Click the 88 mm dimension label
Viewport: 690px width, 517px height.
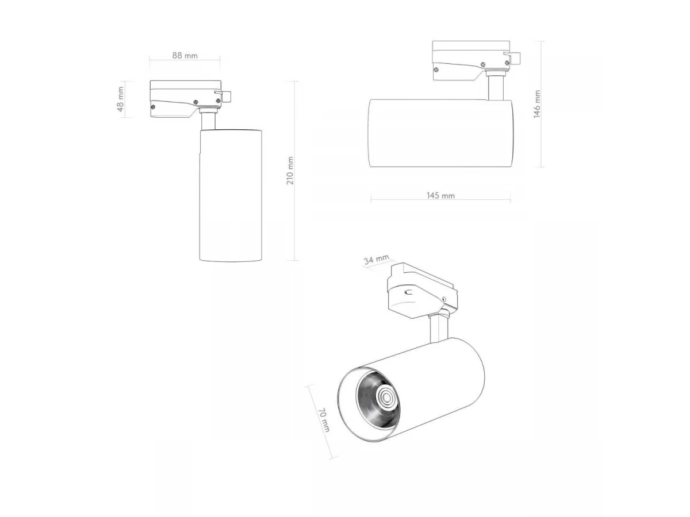pyautogui.click(x=185, y=56)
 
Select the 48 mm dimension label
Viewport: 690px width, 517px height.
pyautogui.click(x=120, y=99)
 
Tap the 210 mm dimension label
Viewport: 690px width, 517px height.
pyautogui.click(x=290, y=171)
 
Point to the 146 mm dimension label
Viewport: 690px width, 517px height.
pyautogui.click(x=536, y=104)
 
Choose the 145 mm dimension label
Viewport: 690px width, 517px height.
pyautogui.click(x=440, y=195)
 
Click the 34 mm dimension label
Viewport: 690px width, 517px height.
pyautogui.click(x=376, y=259)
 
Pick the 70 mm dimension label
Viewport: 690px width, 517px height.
pyautogui.click(x=324, y=420)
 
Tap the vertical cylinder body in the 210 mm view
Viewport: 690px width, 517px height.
pyautogui.click(x=231, y=195)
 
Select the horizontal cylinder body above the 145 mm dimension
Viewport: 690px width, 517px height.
pyautogui.click(x=440, y=133)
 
